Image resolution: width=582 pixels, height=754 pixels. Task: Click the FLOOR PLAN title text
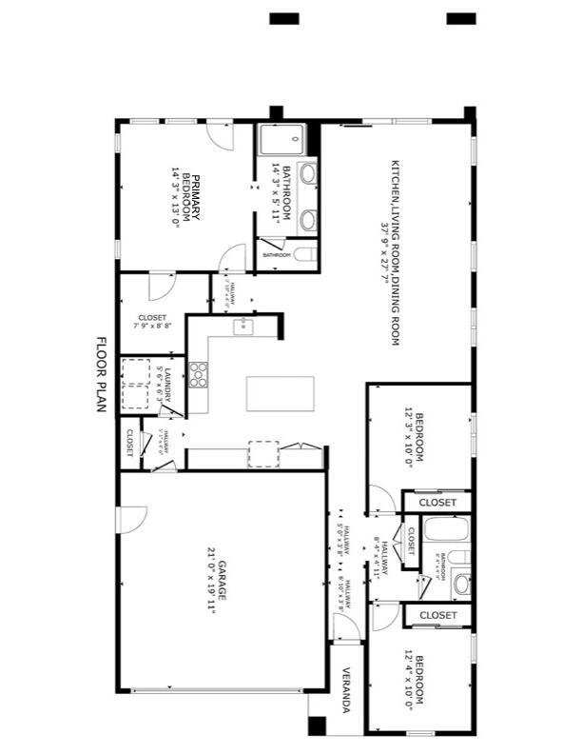(103, 374)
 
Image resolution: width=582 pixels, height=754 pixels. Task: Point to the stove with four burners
(199, 374)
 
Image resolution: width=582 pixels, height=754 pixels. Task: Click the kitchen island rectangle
(280, 393)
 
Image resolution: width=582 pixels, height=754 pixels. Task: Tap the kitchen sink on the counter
(243, 328)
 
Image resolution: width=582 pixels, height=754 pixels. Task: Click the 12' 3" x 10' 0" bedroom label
(415, 440)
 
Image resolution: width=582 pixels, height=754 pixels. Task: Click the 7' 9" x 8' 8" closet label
(152, 322)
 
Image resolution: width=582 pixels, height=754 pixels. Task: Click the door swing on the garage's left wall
(130, 520)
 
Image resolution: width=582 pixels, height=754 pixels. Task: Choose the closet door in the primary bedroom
(161, 285)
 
